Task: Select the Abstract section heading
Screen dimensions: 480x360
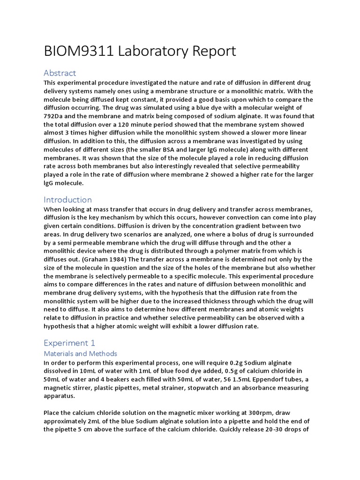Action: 60,73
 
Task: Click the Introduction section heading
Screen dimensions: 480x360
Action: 67,200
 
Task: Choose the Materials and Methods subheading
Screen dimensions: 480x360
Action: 80,353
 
